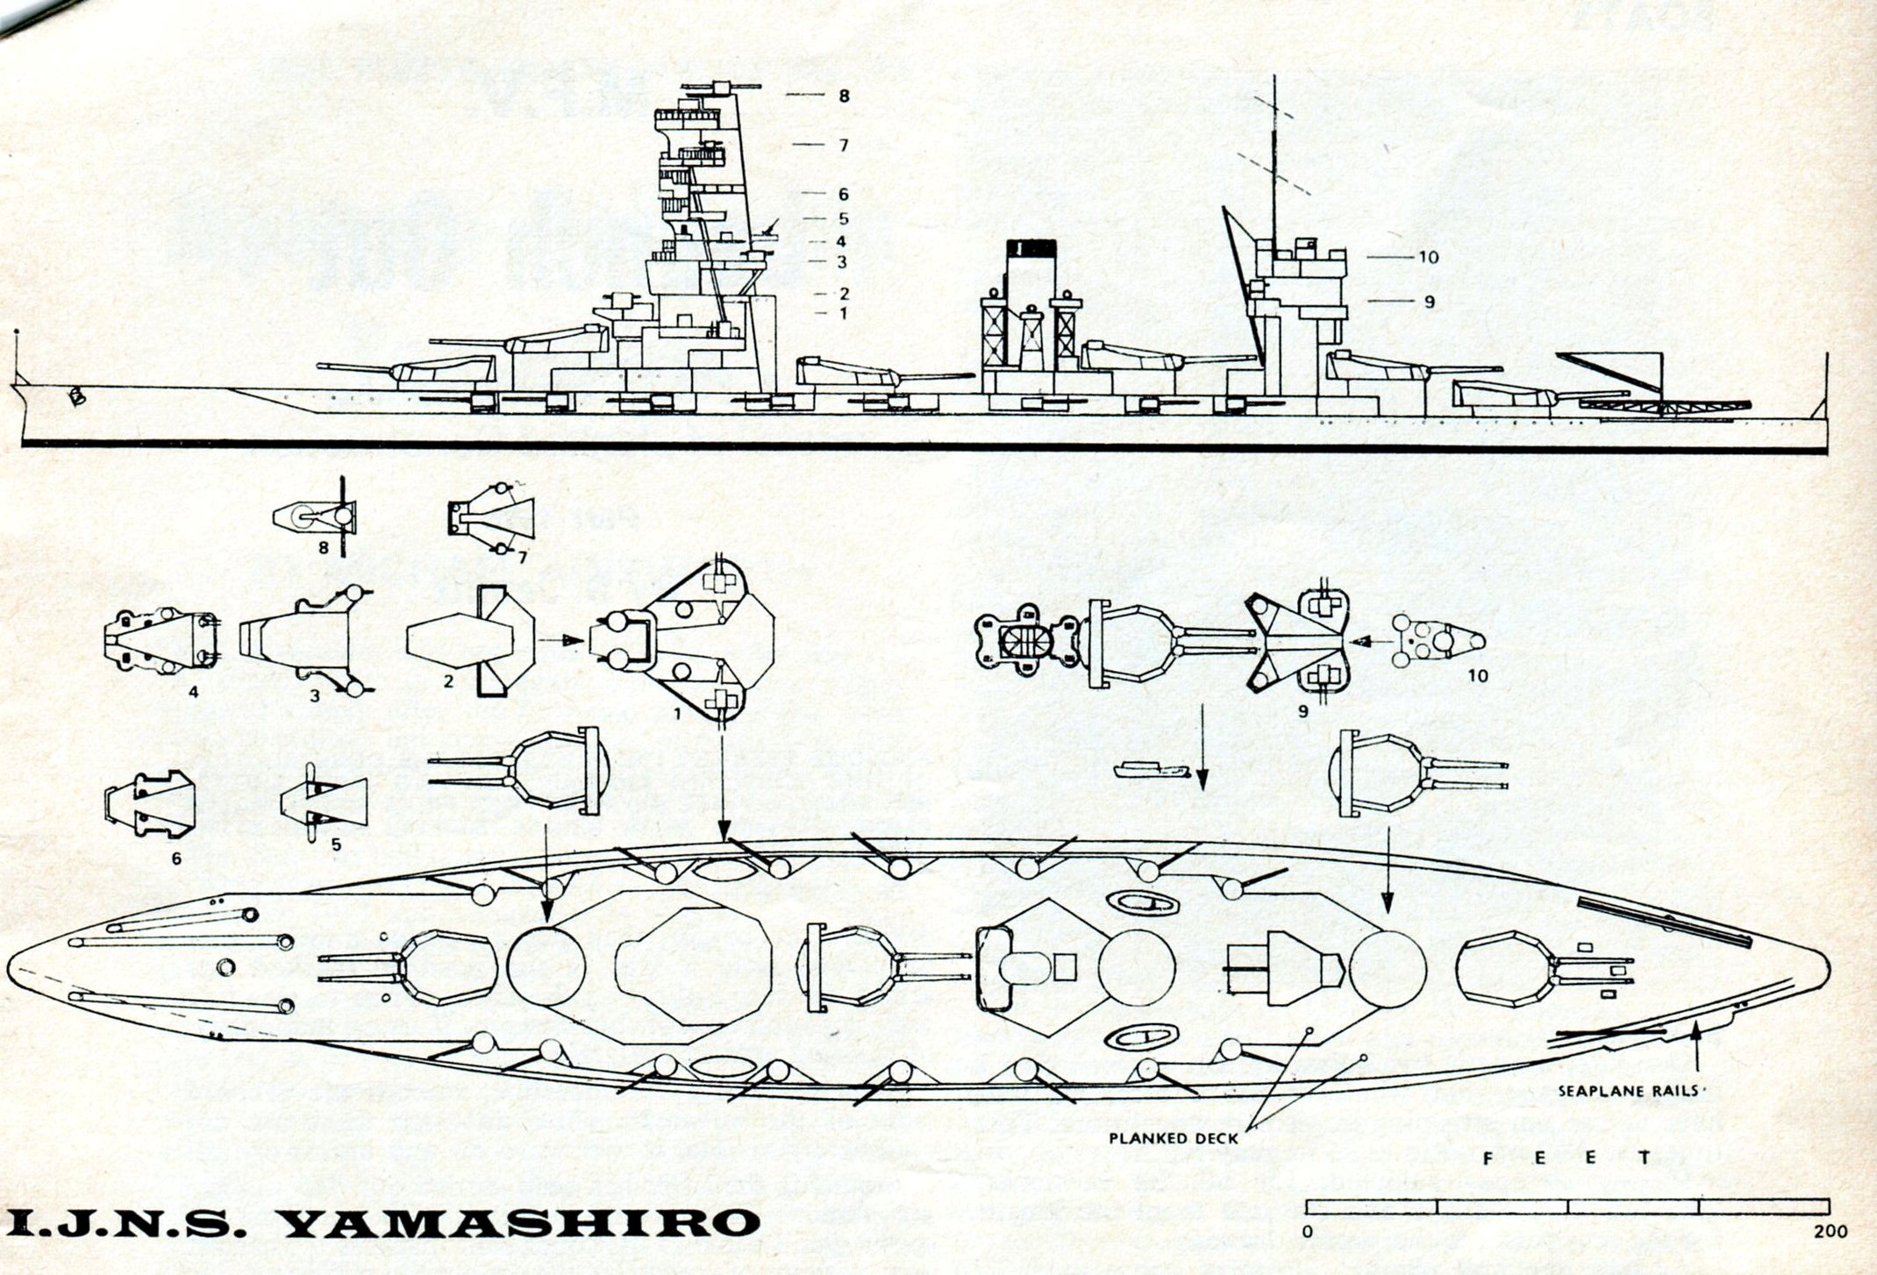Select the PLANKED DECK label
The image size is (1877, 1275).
coord(1174,1138)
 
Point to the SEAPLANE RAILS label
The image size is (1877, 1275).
coord(1633,1092)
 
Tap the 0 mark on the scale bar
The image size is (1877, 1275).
coord(1307,1231)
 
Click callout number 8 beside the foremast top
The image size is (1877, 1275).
coord(844,96)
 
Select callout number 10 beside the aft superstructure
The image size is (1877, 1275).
coord(1428,258)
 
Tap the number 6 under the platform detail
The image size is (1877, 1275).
coord(176,858)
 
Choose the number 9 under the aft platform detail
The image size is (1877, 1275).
coord(1303,710)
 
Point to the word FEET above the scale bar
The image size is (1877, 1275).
coord(1566,1158)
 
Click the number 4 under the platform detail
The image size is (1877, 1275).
coord(194,692)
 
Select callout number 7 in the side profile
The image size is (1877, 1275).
coord(844,145)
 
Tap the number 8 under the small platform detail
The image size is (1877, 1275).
coord(323,548)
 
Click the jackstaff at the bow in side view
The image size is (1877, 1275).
coord(17,356)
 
